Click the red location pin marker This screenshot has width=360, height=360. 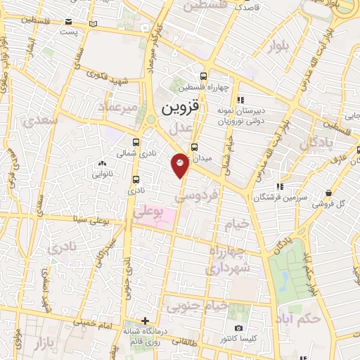coord(181,164)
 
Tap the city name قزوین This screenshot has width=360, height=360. coord(181,108)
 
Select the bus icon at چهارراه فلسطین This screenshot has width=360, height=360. coord(203,76)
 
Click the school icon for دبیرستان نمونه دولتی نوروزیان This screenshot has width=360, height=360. coord(240,100)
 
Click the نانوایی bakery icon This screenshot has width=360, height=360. coord(103,164)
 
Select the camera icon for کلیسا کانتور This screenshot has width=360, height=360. coord(238,328)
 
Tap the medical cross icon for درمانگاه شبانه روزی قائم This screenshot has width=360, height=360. coord(145,321)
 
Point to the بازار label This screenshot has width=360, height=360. coord(49,342)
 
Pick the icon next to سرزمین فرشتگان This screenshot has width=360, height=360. coord(280,186)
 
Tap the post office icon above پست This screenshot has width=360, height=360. coord(67,21)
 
